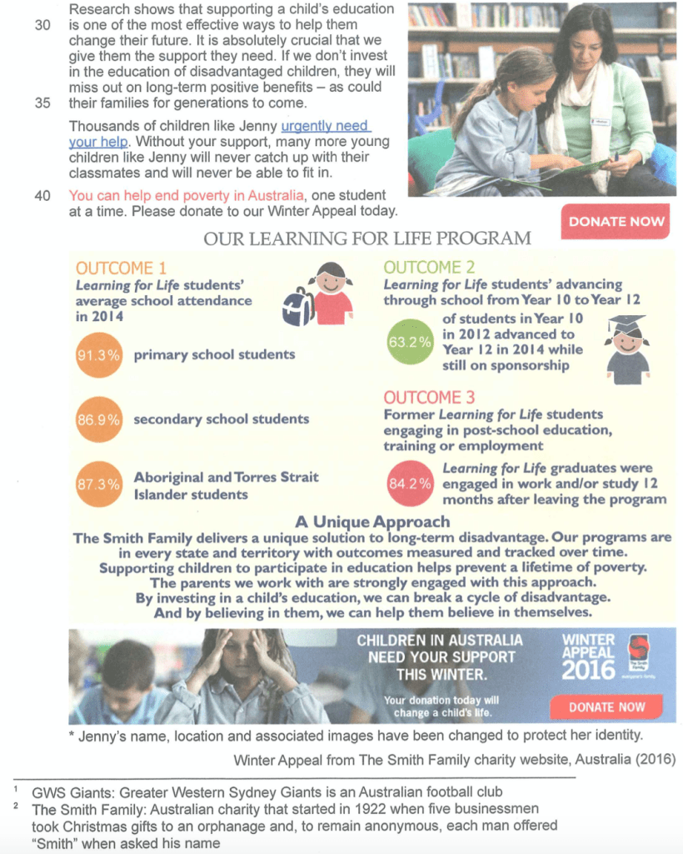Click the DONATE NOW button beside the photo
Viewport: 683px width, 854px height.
tap(616, 221)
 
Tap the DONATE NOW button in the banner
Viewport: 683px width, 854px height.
tap(606, 706)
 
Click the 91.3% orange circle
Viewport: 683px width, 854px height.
tap(99, 354)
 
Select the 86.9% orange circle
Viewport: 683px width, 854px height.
tap(99, 419)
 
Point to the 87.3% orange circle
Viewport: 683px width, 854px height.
tap(99, 484)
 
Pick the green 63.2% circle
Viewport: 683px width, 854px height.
tap(410, 341)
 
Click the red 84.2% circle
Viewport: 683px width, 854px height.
tap(410, 483)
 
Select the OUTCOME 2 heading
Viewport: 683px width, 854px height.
tap(429, 268)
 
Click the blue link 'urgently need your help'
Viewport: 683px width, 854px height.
tap(324, 127)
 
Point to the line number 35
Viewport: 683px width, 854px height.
tap(42, 103)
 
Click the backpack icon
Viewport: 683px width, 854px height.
tap(298, 306)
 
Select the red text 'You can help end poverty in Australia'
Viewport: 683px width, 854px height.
tap(182, 195)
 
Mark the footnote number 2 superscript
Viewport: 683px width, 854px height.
tap(16, 806)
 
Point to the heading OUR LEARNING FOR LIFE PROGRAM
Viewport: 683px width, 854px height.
tap(366, 239)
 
